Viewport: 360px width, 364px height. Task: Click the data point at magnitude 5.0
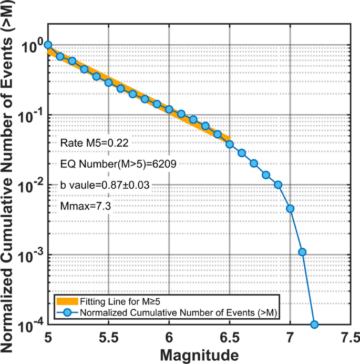(48, 45)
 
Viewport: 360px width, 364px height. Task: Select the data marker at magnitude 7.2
(314, 325)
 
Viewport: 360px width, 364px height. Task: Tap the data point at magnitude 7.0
(290, 209)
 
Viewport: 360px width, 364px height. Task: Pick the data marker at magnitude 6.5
(230, 144)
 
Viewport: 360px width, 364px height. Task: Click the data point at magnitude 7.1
(302, 252)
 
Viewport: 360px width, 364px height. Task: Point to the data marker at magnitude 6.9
(278, 185)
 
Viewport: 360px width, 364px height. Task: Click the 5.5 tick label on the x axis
(108, 337)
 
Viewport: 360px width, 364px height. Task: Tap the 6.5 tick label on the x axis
(230, 337)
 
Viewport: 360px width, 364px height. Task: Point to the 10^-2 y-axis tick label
(32, 185)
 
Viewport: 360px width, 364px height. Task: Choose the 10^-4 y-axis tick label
(32, 326)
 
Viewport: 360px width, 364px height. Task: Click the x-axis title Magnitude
(199, 355)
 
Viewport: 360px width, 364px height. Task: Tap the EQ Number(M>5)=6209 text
(118, 164)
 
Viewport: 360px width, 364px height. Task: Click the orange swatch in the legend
(67, 302)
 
